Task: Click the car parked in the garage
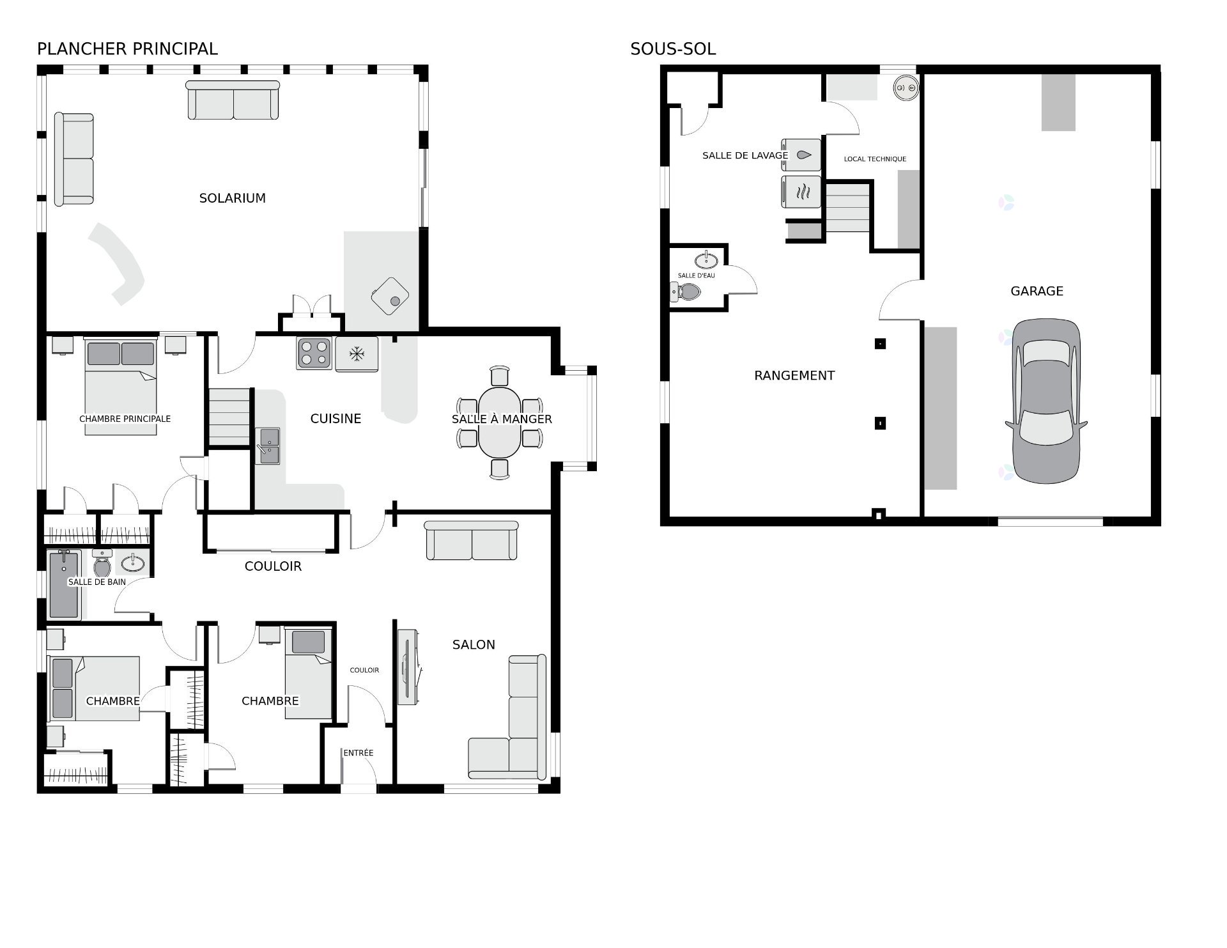[x=1046, y=401]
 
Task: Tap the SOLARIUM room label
[x=233, y=198]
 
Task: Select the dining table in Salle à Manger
[x=500, y=423]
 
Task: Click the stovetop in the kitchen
[x=314, y=354]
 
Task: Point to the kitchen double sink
[x=268, y=446]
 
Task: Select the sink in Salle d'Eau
[x=706, y=260]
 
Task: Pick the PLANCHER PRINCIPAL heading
[x=127, y=49]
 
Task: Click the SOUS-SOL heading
[x=673, y=49]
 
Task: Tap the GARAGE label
[x=1037, y=291]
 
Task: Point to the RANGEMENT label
[x=794, y=375]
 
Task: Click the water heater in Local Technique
[x=906, y=87]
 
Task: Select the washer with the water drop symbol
[x=801, y=155]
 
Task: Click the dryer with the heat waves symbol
[x=801, y=192]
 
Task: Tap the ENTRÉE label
[x=358, y=752]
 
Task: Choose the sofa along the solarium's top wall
[x=233, y=100]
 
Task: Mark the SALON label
[x=474, y=644]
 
